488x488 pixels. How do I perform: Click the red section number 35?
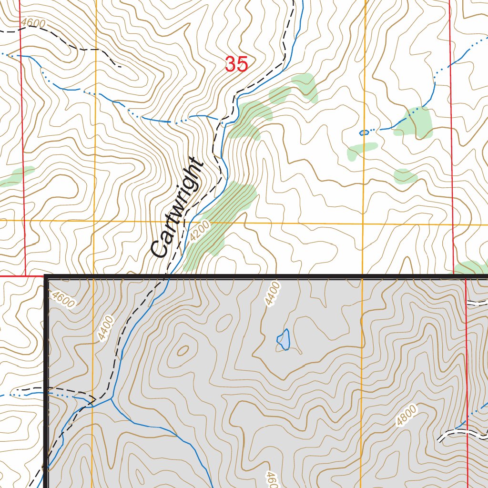[236, 64]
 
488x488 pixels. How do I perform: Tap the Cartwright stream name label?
[177, 207]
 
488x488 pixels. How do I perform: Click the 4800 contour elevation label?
[406, 415]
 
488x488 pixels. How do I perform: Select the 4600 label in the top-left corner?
[33, 23]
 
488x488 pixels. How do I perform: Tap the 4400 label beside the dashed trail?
[106, 328]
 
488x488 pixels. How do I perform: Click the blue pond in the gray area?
[284, 339]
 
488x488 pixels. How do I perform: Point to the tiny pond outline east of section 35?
[364, 132]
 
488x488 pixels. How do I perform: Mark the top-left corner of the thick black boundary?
[47, 277]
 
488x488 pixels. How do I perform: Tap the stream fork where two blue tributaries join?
[111, 398]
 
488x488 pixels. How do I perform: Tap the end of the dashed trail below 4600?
[119, 66]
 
